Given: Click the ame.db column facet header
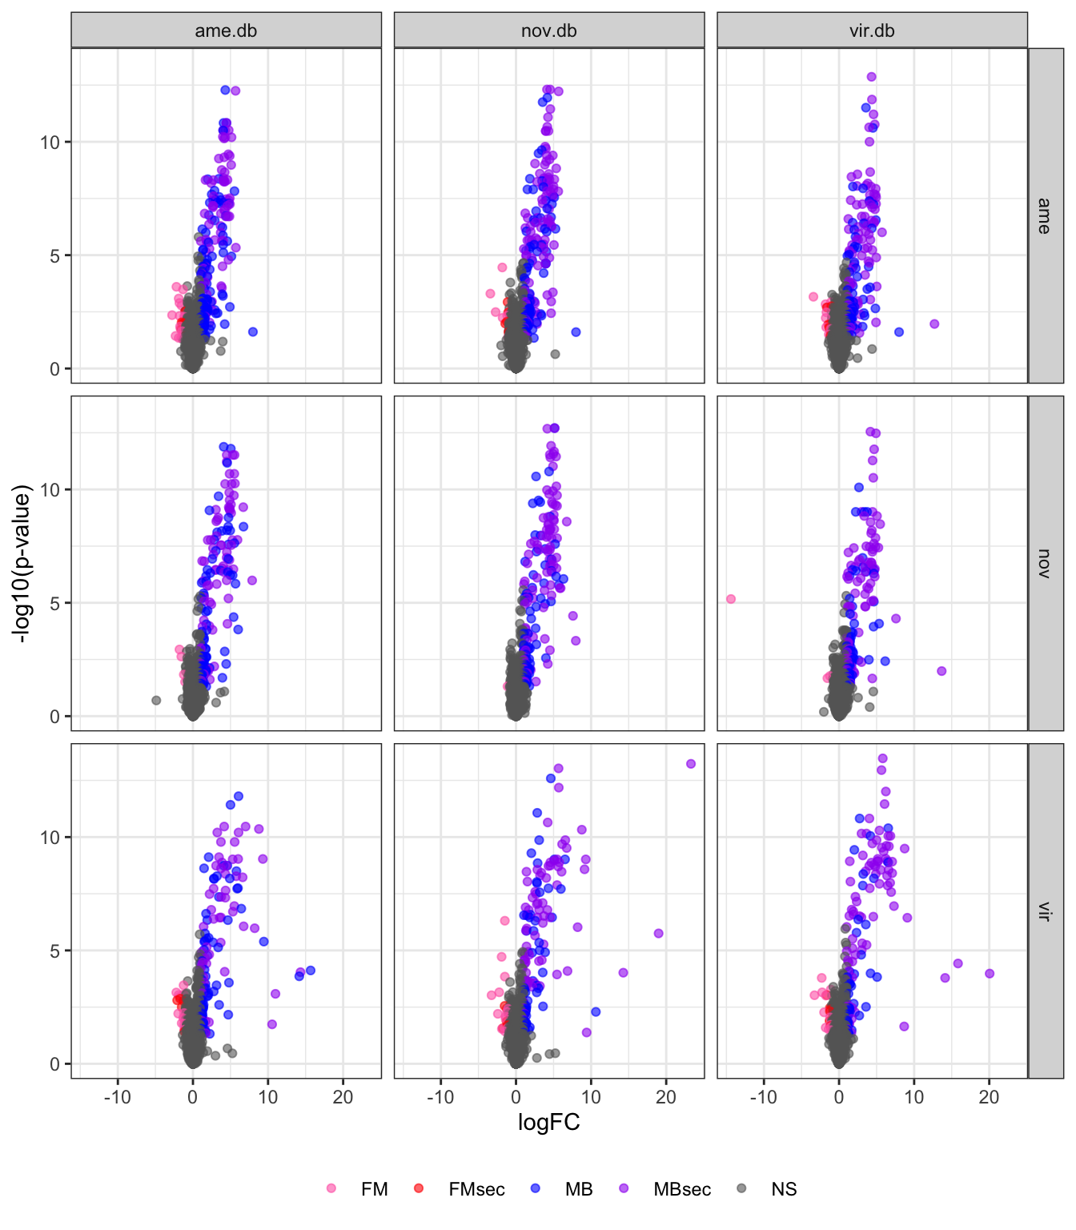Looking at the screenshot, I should (x=226, y=31).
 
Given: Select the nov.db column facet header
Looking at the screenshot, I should (x=548, y=31).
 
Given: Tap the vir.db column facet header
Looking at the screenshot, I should (x=872, y=31).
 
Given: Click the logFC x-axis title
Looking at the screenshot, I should (x=548, y=1122).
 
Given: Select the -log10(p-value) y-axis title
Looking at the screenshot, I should (x=22, y=563).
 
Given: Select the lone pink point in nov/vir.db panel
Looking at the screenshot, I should (x=731, y=599).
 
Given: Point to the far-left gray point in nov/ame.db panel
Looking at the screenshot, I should (x=156, y=701).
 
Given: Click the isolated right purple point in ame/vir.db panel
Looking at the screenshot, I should (x=934, y=324).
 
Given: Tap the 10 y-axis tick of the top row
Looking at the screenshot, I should (x=50, y=143).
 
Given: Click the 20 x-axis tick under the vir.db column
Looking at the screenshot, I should (x=989, y=1097).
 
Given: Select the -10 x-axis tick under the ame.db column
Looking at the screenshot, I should (x=118, y=1097).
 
